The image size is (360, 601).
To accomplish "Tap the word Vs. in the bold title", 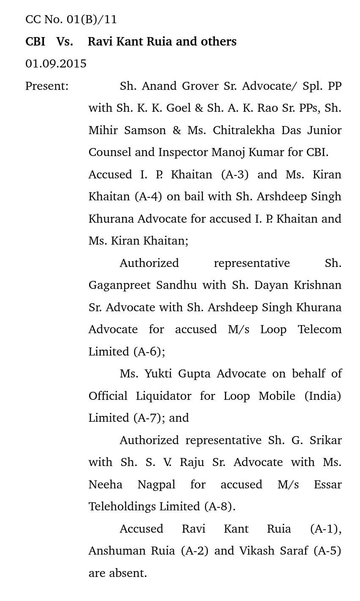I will coord(65,41).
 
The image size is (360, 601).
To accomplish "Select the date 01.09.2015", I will coord(56,64).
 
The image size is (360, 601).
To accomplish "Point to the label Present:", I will coord(47,86).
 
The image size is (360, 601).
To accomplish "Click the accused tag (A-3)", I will coord(235,175).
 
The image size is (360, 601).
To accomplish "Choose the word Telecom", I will coord(319,329).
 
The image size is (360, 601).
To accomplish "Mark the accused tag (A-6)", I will coord(149,352).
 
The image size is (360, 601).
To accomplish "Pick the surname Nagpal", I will coord(156,485).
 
